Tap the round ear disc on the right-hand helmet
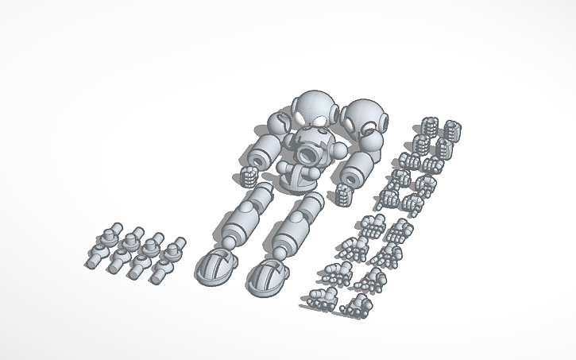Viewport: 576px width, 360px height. [386, 123]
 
